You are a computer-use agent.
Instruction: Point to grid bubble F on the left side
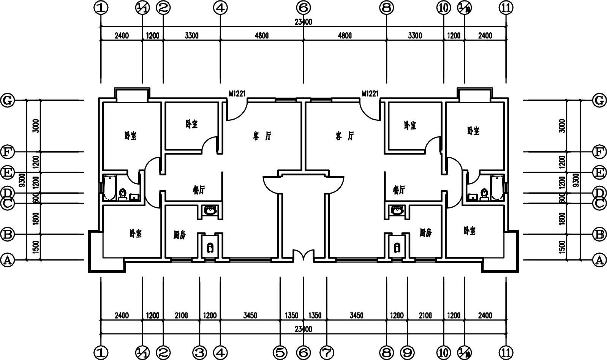tap(7, 152)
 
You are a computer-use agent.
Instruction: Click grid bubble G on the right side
tap(599, 101)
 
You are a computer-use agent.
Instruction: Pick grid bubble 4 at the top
tap(220, 7)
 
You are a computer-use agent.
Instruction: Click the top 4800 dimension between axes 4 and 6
tap(261, 36)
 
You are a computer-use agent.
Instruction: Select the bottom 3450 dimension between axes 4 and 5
tap(250, 316)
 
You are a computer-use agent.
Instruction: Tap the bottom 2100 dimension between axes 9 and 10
tap(425, 316)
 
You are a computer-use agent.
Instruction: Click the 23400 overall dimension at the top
tap(303, 22)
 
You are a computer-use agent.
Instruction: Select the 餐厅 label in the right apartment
tap(399, 190)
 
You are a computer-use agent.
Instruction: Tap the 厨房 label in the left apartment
tap(179, 235)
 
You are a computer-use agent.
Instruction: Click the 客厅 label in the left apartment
tap(262, 136)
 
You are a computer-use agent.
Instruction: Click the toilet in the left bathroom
tap(123, 194)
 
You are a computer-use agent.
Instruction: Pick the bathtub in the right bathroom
tap(497, 188)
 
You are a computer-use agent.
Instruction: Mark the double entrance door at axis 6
tap(303, 256)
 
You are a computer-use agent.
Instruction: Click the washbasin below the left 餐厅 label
tap(210, 210)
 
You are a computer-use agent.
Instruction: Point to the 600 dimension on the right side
tap(563, 198)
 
